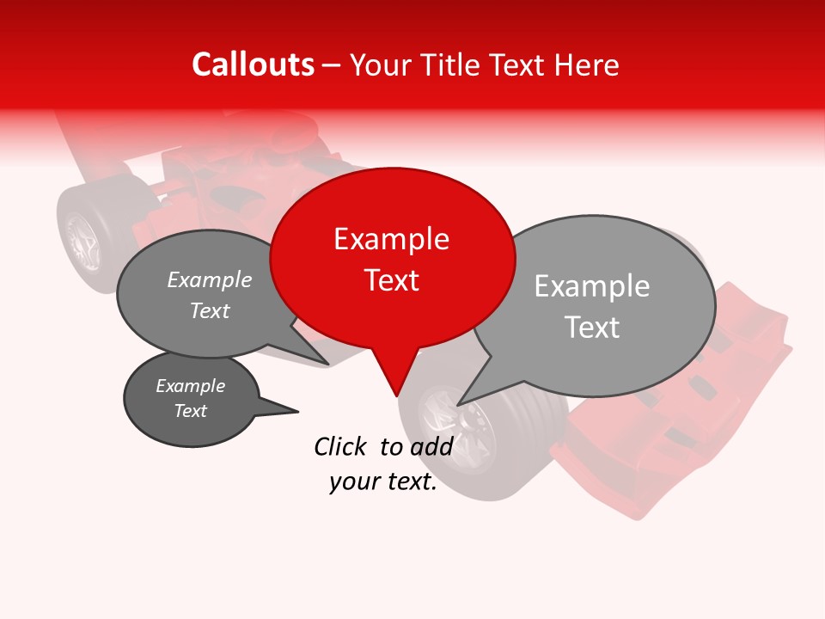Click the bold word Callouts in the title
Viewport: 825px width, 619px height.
pyautogui.click(x=253, y=64)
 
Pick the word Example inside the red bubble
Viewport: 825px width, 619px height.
pyautogui.click(x=391, y=239)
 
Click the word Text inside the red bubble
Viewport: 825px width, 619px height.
pyautogui.click(x=392, y=280)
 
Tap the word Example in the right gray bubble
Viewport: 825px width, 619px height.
pyautogui.click(x=591, y=286)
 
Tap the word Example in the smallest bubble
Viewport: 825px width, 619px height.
pyautogui.click(x=190, y=386)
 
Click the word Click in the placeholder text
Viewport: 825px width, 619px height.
pyautogui.click(x=341, y=446)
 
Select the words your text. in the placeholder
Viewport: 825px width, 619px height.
pyautogui.click(x=383, y=482)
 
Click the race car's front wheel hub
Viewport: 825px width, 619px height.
pyautogui.click(x=464, y=423)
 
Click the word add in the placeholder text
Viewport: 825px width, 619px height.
pyautogui.click(x=431, y=446)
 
